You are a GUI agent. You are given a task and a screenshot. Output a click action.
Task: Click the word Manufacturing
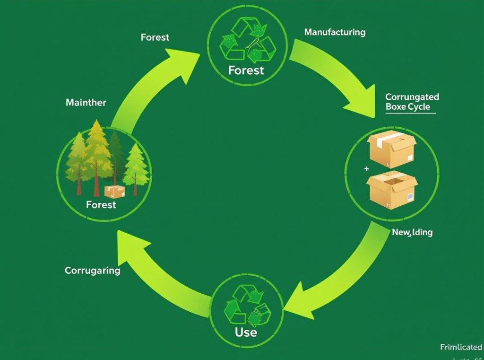[x=335, y=32]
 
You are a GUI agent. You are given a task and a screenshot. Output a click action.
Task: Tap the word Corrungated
[x=412, y=97]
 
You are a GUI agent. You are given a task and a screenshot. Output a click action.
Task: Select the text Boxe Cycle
[x=408, y=107]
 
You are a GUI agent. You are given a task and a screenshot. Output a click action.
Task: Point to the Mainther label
[x=86, y=102]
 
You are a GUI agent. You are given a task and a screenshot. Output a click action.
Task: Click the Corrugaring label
[x=92, y=271]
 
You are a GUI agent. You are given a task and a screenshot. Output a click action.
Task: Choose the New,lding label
[x=412, y=232]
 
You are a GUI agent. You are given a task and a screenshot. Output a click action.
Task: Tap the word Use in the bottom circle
[x=246, y=332]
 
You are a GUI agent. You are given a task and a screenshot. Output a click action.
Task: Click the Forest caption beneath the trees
[x=101, y=205]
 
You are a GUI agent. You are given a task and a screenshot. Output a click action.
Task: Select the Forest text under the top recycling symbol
[x=246, y=70]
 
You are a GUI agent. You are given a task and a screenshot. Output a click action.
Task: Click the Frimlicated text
[x=461, y=347]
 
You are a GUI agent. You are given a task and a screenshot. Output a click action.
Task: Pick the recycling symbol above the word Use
[x=246, y=305]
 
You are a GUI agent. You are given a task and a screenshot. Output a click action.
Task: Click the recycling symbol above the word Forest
[x=247, y=40]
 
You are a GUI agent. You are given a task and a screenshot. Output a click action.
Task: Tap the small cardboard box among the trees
[x=114, y=192]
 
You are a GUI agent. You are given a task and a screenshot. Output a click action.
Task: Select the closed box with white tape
[x=392, y=149]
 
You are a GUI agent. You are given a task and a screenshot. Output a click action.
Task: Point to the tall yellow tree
[x=97, y=151]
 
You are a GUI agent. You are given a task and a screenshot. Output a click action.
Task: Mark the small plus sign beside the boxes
[x=366, y=168]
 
